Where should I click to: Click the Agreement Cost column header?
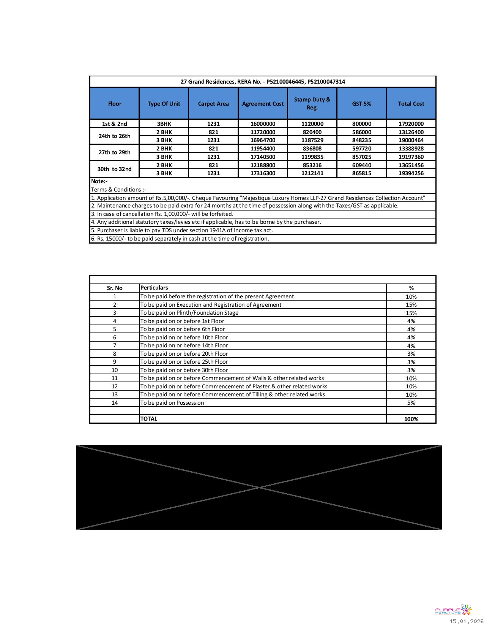pyautogui.click(x=263, y=104)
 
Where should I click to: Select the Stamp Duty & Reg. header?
pyautogui.click(x=312, y=103)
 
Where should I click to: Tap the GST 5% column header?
pyautogui.click(x=361, y=104)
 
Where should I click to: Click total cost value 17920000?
pyautogui.click(x=411, y=124)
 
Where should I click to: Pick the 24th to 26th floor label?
pyautogui.click(x=114, y=136)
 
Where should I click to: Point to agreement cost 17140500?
pyautogui.click(x=263, y=157)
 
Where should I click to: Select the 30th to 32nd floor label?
pyautogui.click(x=114, y=169)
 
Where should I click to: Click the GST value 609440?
pyautogui.click(x=361, y=165)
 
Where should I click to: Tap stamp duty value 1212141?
pyautogui.click(x=312, y=173)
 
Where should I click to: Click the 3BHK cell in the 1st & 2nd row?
pyautogui.click(x=164, y=124)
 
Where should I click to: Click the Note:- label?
pyautogui.click(x=99, y=181)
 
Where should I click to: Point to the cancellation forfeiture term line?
pyautogui.click(x=162, y=214)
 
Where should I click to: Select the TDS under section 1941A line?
pyautogui.click(x=182, y=230)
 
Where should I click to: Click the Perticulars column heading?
pyautogui.click(x=154, y=288)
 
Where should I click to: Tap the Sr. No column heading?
pyautogui.click(x=115, y=288)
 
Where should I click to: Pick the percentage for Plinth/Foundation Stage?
pyautogui.click(x=411, y=313)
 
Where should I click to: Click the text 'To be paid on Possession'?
pyautogui.click(x=172, y=403)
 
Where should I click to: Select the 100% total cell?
pyautogui.click(x=411, y=419)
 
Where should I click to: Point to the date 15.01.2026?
pyautogui.click(x=467, y=621)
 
